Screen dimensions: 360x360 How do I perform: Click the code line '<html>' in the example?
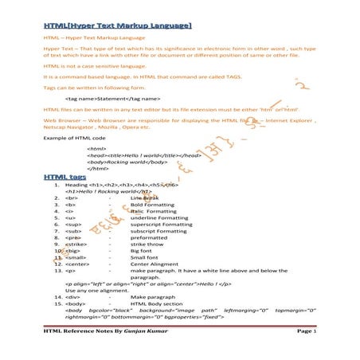point(97,148)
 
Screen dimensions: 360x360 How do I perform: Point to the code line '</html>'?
point(98,169)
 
